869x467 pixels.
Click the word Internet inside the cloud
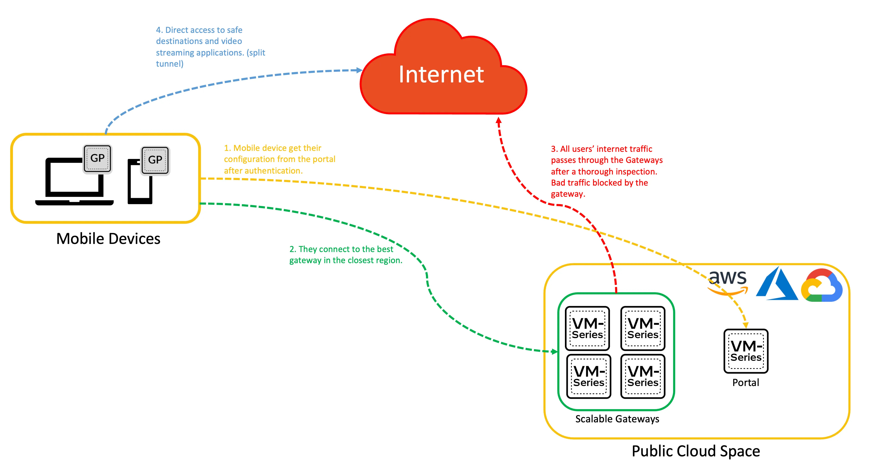441,74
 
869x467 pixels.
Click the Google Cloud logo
822,285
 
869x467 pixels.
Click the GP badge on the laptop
98,158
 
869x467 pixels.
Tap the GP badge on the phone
155,160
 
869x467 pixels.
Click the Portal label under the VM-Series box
746,383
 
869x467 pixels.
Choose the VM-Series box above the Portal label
746,351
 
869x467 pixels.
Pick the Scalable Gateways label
617,419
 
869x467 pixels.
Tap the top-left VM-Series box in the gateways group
587,328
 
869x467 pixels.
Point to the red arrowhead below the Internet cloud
499,120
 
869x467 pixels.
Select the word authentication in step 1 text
274,171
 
